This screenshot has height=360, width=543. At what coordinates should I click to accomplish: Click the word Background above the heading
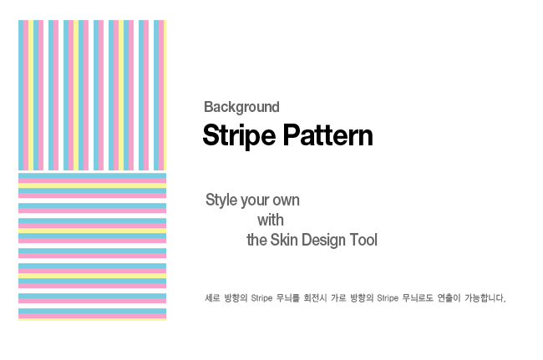241,107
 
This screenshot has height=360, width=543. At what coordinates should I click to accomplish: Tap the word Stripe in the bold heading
239,135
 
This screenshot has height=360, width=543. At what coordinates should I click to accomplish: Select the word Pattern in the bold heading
328,135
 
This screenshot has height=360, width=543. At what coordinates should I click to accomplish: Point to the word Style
221,200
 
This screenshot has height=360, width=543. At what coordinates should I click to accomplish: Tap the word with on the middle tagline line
271,221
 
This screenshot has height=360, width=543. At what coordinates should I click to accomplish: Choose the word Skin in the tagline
284,240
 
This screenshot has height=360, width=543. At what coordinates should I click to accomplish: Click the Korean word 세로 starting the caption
212,298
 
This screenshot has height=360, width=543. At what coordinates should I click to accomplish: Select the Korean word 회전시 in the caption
315,298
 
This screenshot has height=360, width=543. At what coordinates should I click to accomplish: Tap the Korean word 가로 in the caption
338,298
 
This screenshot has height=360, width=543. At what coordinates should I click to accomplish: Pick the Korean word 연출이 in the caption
449,298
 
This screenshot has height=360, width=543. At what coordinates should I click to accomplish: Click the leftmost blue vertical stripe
21,95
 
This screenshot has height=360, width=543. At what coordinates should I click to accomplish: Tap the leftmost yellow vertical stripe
31,95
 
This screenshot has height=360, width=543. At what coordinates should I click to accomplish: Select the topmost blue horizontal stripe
92,175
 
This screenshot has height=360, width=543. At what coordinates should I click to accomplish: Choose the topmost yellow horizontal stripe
92,185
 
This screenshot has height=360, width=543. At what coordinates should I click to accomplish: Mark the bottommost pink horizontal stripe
92,316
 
